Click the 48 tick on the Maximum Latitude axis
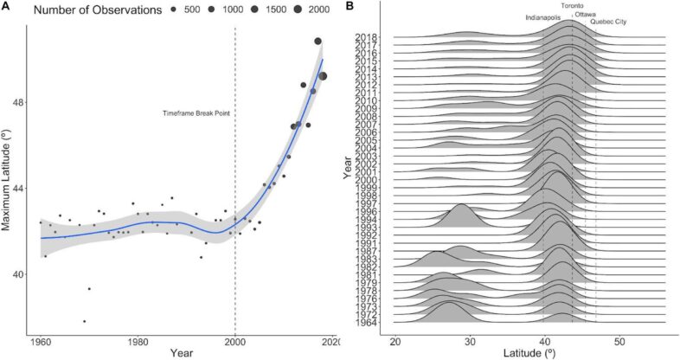click(23, 102)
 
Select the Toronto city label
click(572, 6)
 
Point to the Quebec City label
click(609, 22)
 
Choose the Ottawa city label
click(586, 14)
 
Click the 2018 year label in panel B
click(365, 36)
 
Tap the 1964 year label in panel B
click(365, 322)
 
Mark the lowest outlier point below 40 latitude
click(84, 321)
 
